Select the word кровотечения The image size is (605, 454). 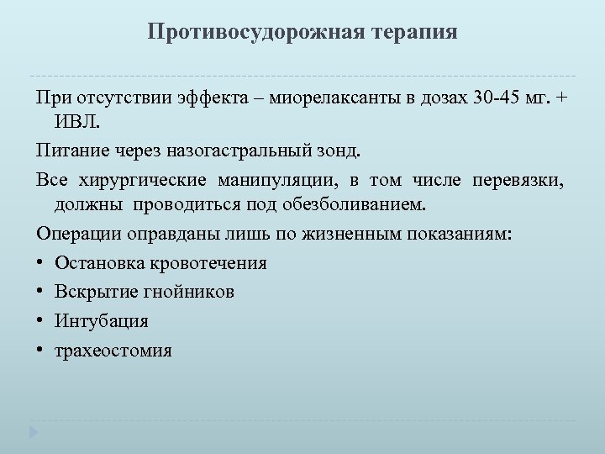point(210,263)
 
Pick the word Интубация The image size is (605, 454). point(101,320)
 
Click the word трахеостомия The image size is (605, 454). point(113,349)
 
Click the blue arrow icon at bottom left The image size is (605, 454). point(33,434)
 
